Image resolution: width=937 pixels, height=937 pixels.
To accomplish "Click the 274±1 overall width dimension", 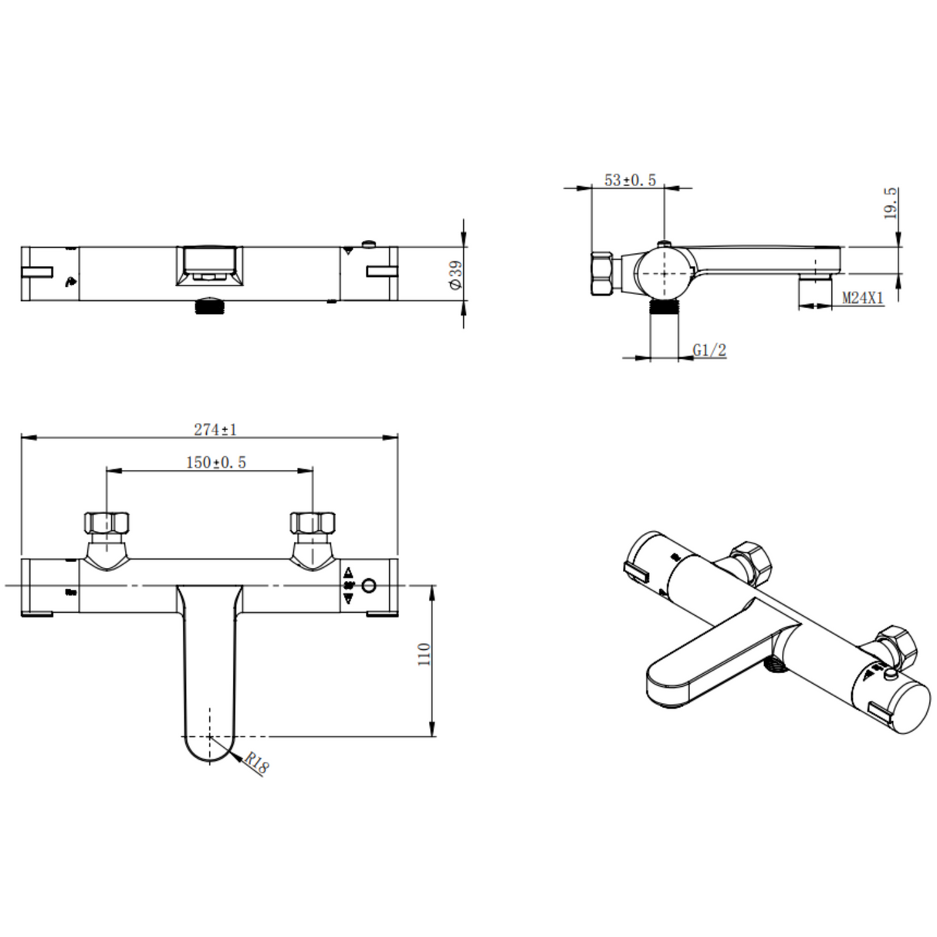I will tap(215, 429).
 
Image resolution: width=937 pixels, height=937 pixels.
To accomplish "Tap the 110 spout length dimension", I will tap(424, 655).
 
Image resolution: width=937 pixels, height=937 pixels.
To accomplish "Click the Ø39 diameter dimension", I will tap(455, 275).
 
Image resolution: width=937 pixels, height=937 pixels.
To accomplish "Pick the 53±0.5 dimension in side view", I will tap(629, 180).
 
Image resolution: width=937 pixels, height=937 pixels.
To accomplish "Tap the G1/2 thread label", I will tap(709, 350).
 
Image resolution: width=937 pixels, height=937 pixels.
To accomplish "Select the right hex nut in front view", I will tap(313, 523).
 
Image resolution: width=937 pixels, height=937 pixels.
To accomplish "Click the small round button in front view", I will tap(370, 587).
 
